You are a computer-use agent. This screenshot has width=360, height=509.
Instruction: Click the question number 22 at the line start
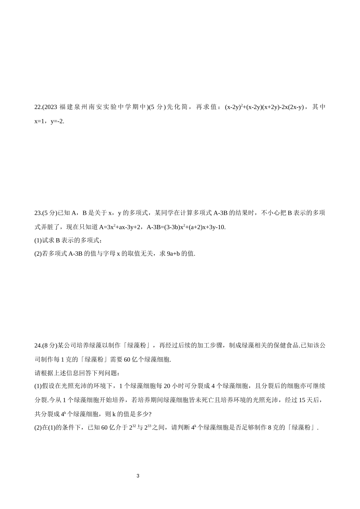[38, 107]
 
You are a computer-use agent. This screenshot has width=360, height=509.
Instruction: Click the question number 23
[38, 213]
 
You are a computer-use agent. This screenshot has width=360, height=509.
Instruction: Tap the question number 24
[38, 345]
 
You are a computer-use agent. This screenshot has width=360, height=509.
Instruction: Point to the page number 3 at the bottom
[138, 476]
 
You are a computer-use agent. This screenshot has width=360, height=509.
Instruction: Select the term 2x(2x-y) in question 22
[292, 107]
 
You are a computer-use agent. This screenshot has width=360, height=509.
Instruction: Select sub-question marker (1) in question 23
[38, 240]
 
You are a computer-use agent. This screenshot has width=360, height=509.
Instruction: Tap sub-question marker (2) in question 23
[38, 254]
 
